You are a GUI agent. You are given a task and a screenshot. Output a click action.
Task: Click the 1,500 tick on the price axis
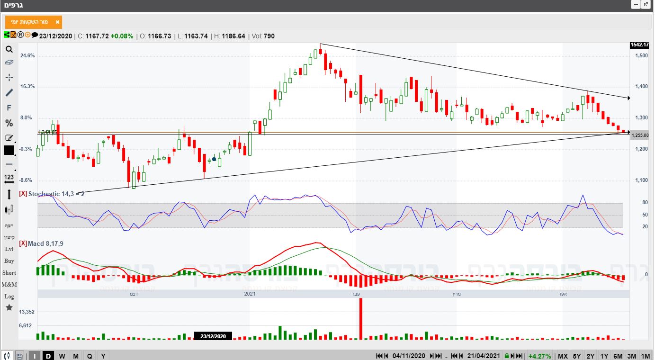[x=642, y=56]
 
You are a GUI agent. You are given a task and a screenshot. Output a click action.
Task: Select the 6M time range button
[x=618, y=356]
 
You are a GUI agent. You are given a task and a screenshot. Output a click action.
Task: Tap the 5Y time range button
[x=576, y=356]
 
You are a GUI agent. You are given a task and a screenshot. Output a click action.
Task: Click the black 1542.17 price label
[x=639, y=45]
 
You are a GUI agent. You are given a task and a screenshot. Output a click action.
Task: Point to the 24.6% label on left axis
[x=27, y=56]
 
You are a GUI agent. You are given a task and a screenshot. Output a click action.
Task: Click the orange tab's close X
[x=57, y=22]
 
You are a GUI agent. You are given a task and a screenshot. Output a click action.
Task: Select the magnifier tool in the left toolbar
[x=9, y=49]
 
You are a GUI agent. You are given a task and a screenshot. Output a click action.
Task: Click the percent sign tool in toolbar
[x=9, y=123]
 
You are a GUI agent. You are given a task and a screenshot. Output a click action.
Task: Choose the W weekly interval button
[x=62, y=356]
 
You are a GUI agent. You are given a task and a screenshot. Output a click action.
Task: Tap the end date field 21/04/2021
[x=483, y=356]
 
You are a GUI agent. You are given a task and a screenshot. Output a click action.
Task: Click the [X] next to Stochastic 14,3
[x=23, y=194]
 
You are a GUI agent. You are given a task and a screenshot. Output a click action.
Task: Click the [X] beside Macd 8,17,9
[x=23, y=243]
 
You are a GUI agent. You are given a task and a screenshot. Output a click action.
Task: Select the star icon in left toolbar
[x=9, y=308]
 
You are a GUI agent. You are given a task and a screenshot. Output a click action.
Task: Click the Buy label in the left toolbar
[x=9, y=261]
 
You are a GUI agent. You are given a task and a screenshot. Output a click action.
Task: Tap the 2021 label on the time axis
[x=250, y=294]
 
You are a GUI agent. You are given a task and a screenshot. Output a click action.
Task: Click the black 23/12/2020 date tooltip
[x=213, y=336]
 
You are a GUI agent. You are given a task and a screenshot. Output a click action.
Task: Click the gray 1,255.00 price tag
[x=641, y=135]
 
